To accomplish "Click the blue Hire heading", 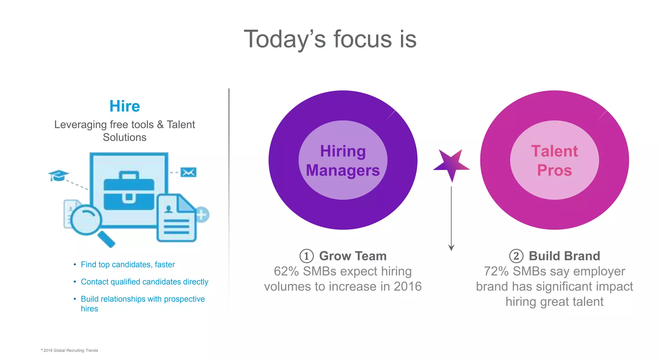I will (x=125, y=106).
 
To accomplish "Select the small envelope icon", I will (x=189, y=172).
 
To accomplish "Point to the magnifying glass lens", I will (x=86, y=220).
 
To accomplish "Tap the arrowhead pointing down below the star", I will (x=451, y=248).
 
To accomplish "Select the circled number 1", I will (x=306, y=256).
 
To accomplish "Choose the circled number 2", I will (x=516, y=256).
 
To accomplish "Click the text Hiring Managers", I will (x=343, y=161).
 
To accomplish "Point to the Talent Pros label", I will (x=554, y=161).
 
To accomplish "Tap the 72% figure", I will (x=496, y=271).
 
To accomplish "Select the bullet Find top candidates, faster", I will (x=128, y=265).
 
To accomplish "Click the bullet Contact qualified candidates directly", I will (x=144, y=282).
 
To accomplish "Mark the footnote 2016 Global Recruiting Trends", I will (x=71, y=350).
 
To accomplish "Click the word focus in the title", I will (x=362, y=39).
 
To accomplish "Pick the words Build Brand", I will (x=564, y=256).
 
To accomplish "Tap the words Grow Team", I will (x=353, y=256).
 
